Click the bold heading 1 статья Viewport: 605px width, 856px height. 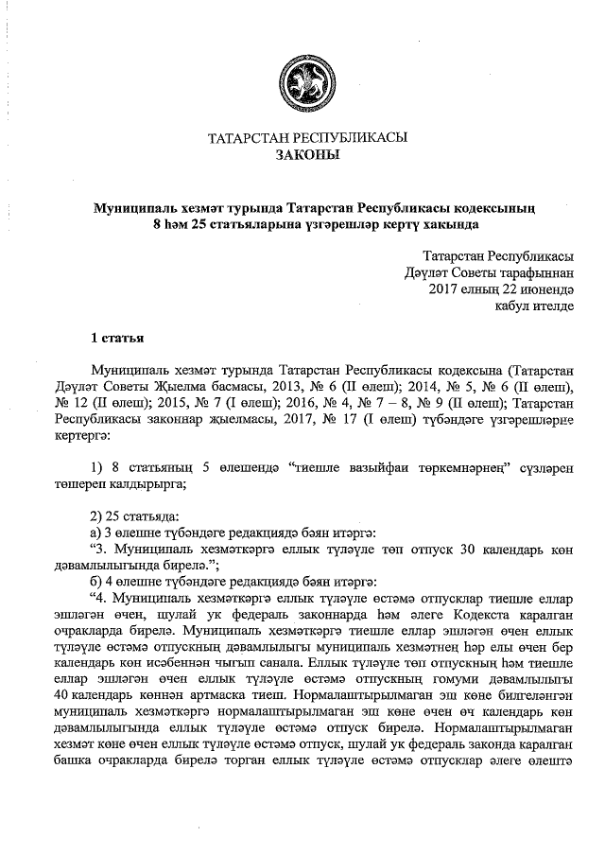pos(117,337)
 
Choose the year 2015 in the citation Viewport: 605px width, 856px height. pos(178,403)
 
